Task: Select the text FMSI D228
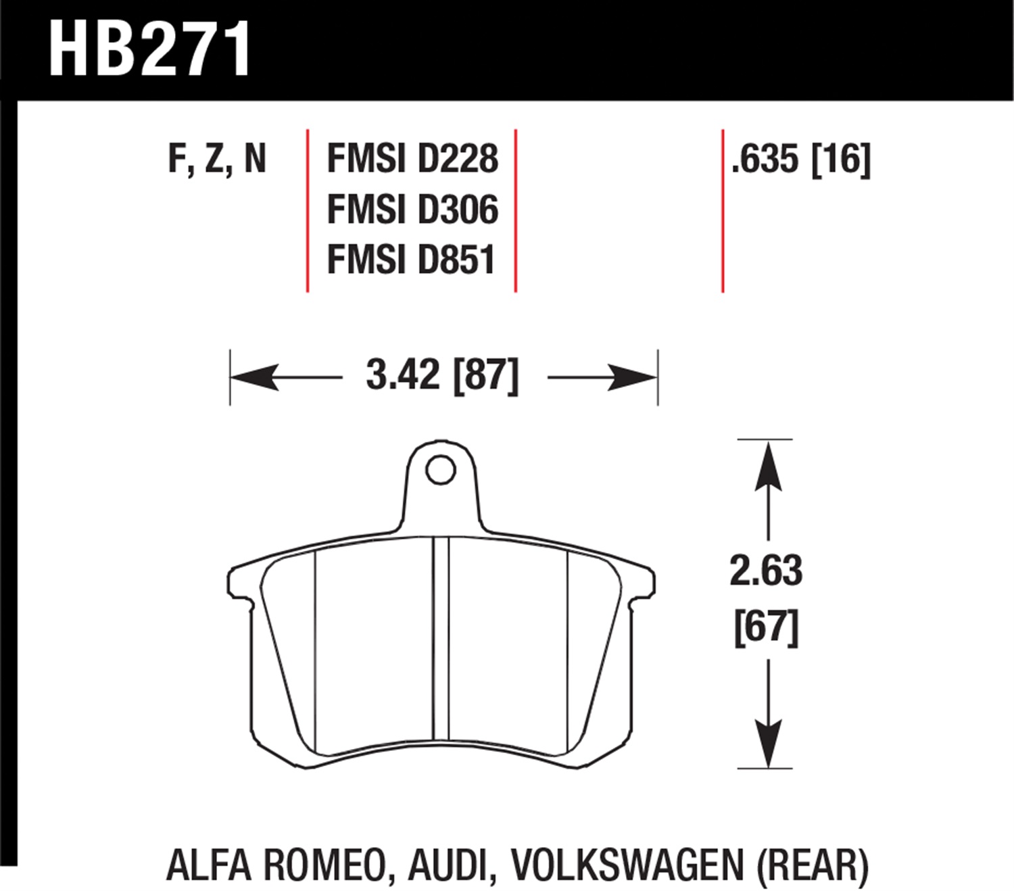click(412, 159)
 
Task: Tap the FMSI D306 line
click(412, 210)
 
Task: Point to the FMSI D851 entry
click(412, 260)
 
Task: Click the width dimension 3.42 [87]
click(442, 375)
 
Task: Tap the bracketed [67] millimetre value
click(767, 627)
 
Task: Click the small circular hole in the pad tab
click(441, 470)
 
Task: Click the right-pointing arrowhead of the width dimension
click(631, 377)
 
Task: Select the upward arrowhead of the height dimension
click(768, 466)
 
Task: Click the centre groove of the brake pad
click(441, 640)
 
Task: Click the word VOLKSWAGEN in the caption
click(627, 865)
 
